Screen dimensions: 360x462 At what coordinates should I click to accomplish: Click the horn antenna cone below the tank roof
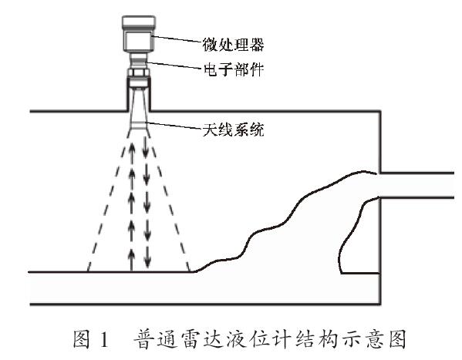(x=138, y=119)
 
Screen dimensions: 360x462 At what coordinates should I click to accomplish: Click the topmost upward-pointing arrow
(x=132, y=146)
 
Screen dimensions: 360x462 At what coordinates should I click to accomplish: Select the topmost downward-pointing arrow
(x=144, y=146)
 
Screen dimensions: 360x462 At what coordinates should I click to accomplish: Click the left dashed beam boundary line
(x=104, y=208)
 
